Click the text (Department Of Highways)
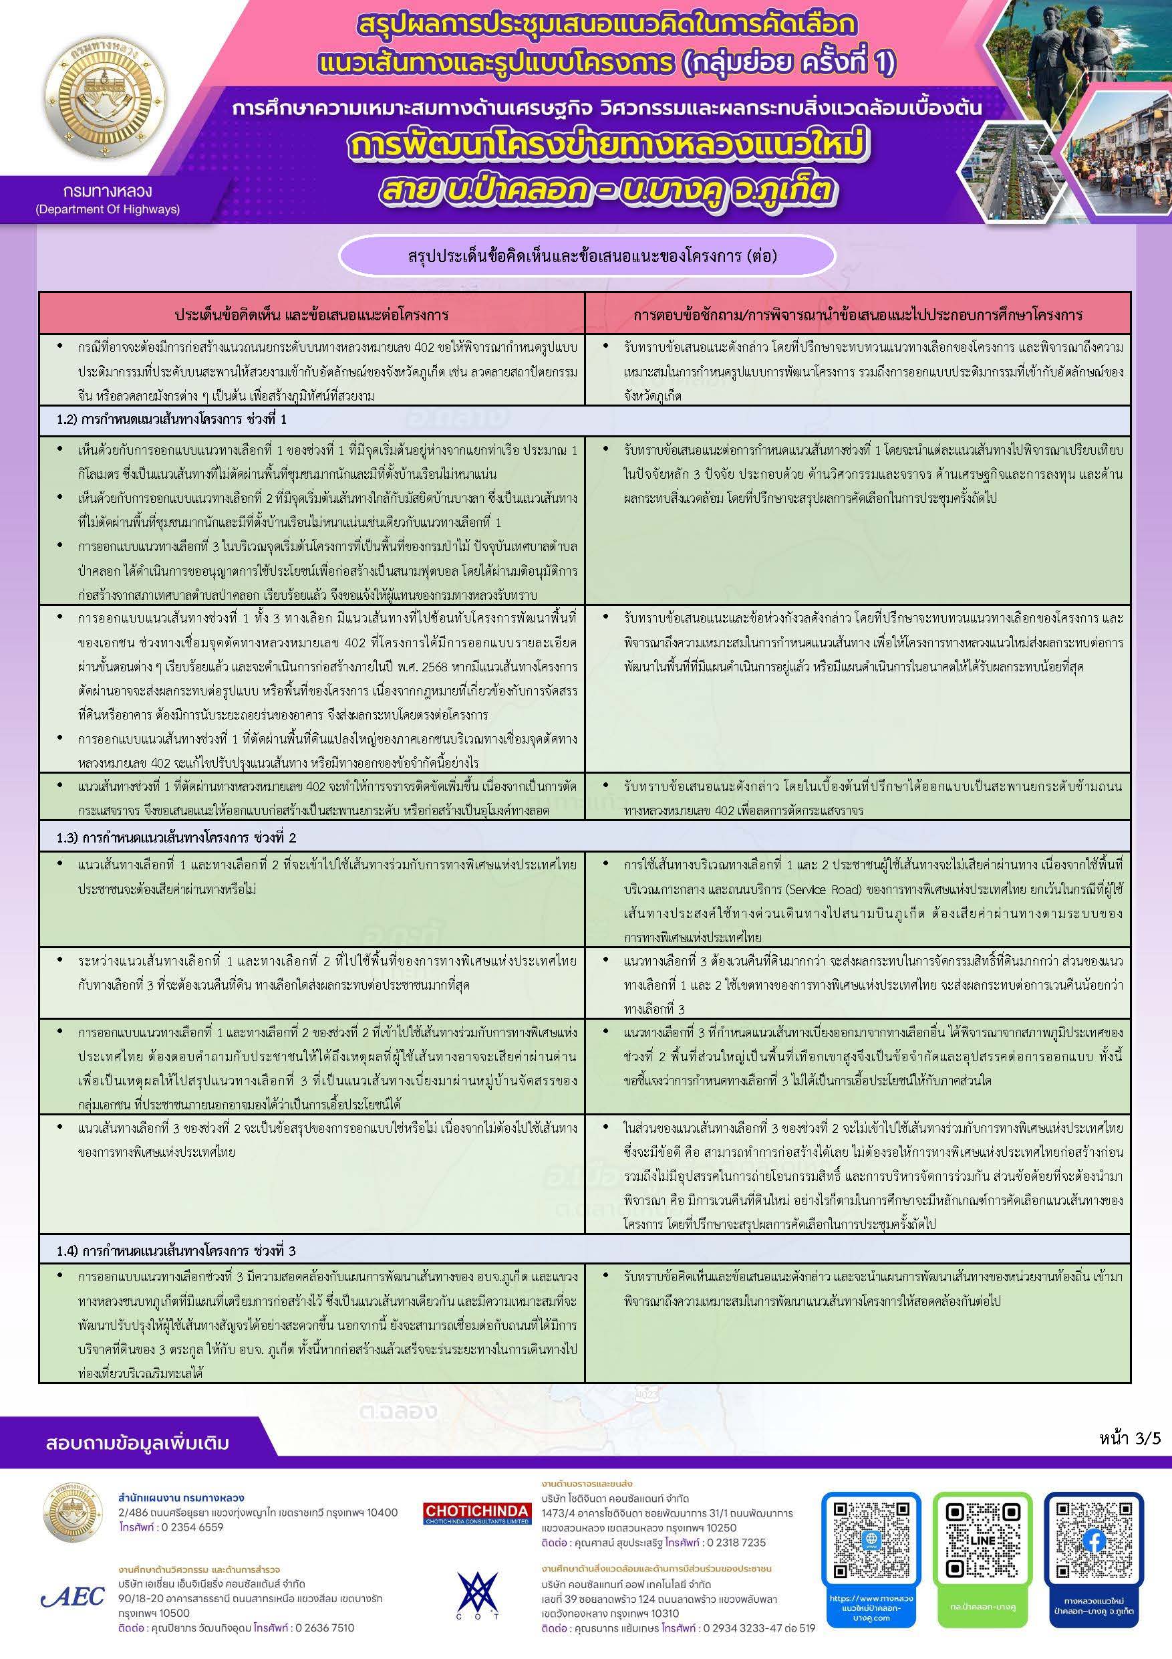(x=108, y=209)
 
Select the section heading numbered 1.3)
(x=177, y=838)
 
